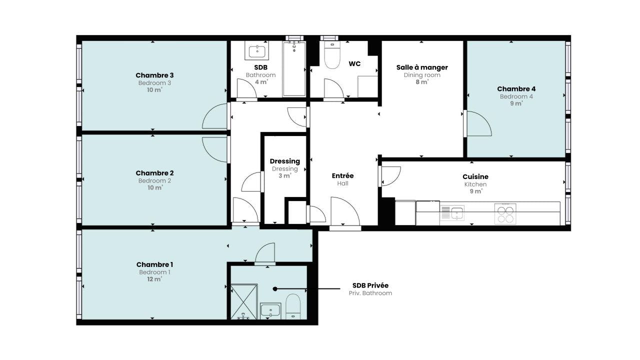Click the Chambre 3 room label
point(154,75)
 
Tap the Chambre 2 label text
point(154,173)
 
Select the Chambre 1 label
point(154,264)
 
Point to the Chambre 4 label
point(516,89)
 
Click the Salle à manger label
point(422,67)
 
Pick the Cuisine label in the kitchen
point(475,176)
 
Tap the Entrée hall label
point(342,175)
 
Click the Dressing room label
point(285,161)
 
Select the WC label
point(354,63)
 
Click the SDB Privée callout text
point(370,285)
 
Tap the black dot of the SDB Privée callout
point(275,289)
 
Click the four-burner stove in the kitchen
point(505,213)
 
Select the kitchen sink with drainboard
point(452,213)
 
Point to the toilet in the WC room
point(332,55)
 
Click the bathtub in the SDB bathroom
point(294,69)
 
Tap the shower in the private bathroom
point(244,301)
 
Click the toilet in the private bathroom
point(293,306)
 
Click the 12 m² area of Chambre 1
point(154,279)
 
